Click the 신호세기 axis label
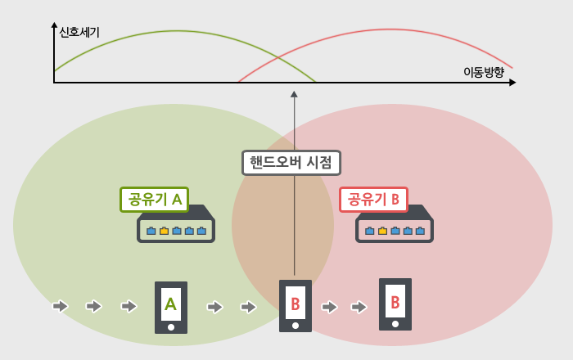tap(79, 33)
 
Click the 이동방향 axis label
tap(484, 72)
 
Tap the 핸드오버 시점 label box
tap(291, 163)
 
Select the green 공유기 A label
tap(154, 200)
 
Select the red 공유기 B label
tap(373, 200)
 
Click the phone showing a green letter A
tap(171, 308)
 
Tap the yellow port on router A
tap(164, 231)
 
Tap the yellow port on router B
tap(382, 231)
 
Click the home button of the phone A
tap(171, 327)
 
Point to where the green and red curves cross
tap(277, 58)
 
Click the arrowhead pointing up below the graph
tap(294, 94)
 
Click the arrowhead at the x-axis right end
tap(512, 83)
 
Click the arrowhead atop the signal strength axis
tap(55, 25)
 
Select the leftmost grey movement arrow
tap(61, 306)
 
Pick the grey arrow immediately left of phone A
tap(129, 306)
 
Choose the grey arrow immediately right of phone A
tap(214, 307)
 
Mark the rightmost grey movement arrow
tap(359, 307)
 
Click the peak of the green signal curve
tap(178, 30)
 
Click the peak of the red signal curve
tap(390, 29)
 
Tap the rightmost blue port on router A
tap(201, 231)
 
